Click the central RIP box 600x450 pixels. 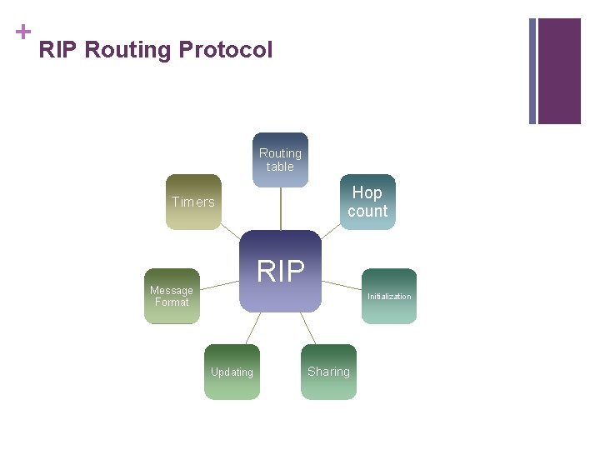tap(281, 272)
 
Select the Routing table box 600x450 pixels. tap(281, 160)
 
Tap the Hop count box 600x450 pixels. tap(367, 202)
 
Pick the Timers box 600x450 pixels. tap(193, 202)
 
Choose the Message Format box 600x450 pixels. tap(172, 296)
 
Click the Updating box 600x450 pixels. tap(232, 372)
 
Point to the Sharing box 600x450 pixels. tap(328, 372)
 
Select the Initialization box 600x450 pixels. tap(389, 296)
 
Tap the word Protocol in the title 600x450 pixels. tap(225, 50)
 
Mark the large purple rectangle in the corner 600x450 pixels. tap(559, 71)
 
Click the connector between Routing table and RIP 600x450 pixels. tap(281, 208)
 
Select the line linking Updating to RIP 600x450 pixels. tap(253, 328)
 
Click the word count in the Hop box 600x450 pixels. tap(367, 211)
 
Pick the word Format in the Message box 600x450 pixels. tap(172, 302)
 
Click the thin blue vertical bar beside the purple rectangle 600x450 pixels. tap(532, 71)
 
